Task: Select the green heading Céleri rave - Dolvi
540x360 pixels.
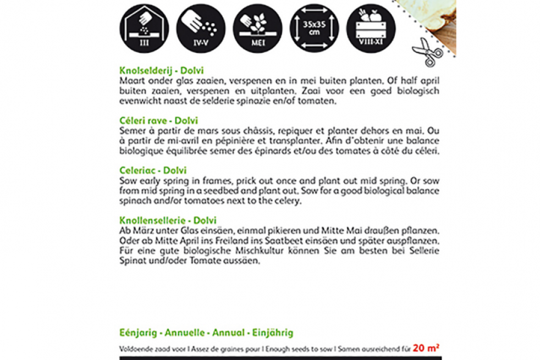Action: point(158,120)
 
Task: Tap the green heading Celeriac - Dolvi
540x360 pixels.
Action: point(153,171)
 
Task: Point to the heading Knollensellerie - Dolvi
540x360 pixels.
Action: point(168,221)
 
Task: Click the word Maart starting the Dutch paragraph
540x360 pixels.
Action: point(130,80)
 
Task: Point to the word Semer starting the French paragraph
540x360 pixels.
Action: point(131,130)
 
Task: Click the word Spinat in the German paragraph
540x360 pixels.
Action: point(130,262)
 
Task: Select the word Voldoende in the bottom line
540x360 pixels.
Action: point(134,349)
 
